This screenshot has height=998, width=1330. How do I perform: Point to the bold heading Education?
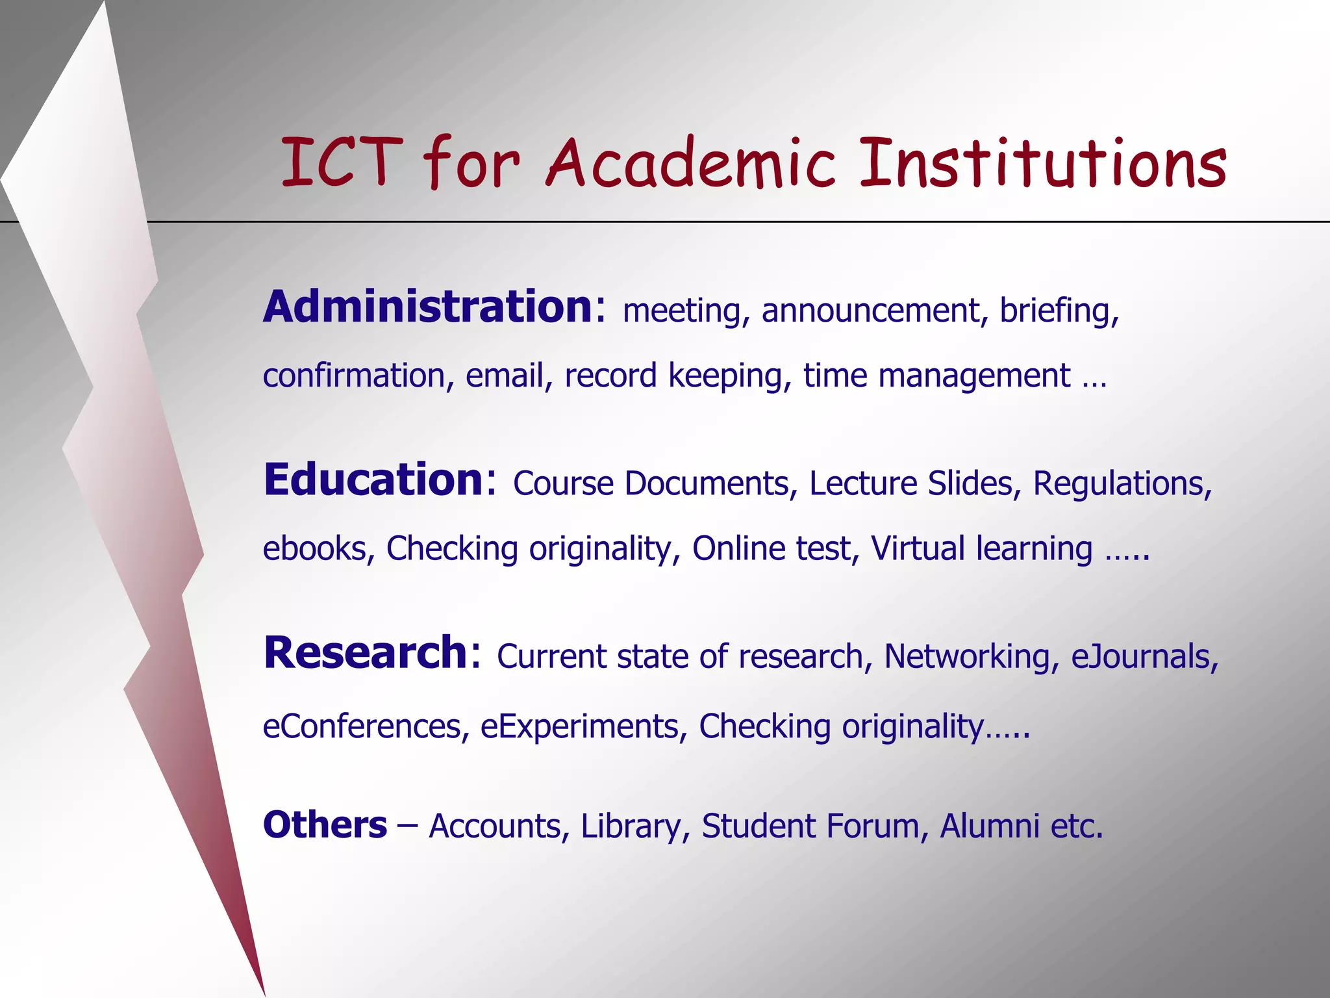pyautogui.click(x=373, y=480)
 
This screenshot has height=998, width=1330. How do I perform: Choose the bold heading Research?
pyautogui.click(x=365, y=653)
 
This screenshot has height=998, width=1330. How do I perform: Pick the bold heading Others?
pyautogui.click(x=325, y=826)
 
